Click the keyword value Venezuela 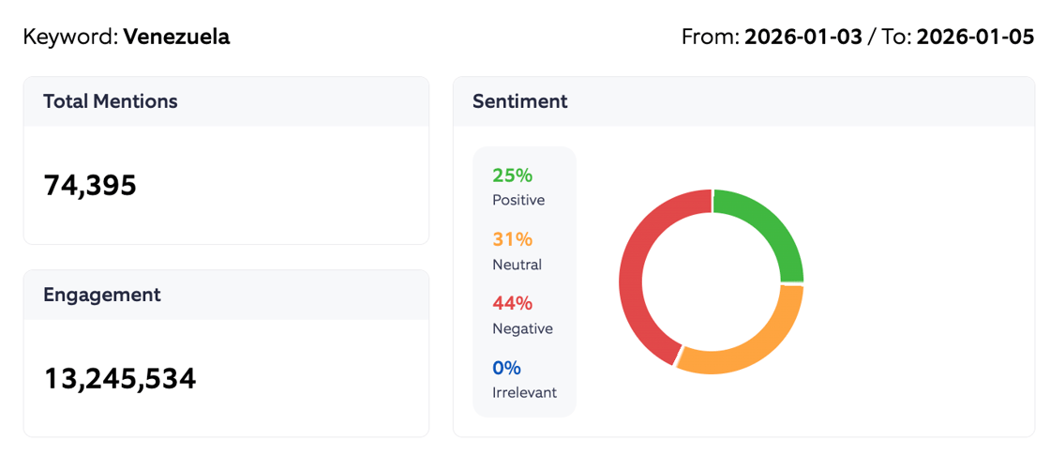pyautogui.click(x=176, y=38)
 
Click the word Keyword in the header pyautogui.click(x=70, y=38)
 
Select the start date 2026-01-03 pyautogui.click(x=803, y=38)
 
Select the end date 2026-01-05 pyautogui.click(x=975, y=38)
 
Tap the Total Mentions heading pyautogui.click(x=111, y=101)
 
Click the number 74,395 pyautogui.click(x=90, y=186)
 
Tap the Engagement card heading pyautogui.click(x=102, y=295)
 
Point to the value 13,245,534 pyautogui.click(x=120, y=379)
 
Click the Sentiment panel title pyautogui.click(x=520, y=101)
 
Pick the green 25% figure pyautogui.click(x=512, y=175)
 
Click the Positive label pyautogui.click(x=518, y=200)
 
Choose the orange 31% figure pyautogui.click(x=512, y=239)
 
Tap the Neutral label pyautogui.click(x=517, y=265)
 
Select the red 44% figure pyautogui.click(x=512, y=303)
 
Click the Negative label pyautogui.click(x=522, y=328)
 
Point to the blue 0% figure pyautogui.click(x=506, y=368)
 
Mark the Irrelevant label pyautogui.click(x=524, y=392)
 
